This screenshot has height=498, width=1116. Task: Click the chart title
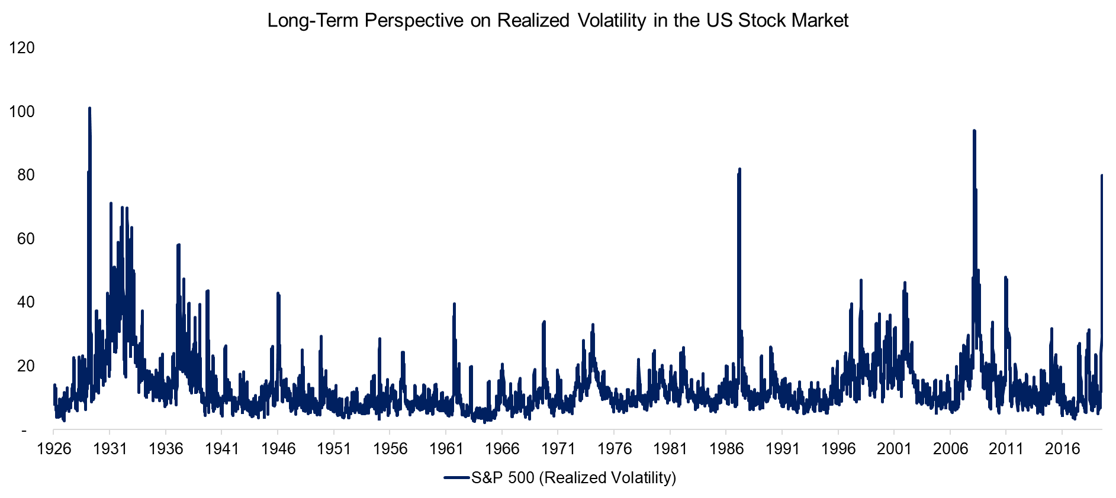[x=558, y=21]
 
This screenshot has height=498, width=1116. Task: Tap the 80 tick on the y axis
[x=26, y=175]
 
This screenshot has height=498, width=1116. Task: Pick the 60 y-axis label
[x=26, y=239]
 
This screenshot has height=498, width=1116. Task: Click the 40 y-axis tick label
[x=26, y=302]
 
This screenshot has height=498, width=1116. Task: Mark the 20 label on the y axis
[x=26, y=366]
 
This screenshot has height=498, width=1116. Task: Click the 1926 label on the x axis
[x=54, y=449]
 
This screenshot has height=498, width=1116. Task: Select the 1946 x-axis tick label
[x=278, y=449]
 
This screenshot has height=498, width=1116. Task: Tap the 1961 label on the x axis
[x=446, y=449]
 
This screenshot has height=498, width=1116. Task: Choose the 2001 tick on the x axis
[x=895, y=449]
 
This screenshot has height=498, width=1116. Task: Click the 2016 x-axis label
[x=1063, y=449]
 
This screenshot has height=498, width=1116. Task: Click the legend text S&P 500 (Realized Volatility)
[x=574, y=478]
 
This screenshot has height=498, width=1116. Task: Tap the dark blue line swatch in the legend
[x=457, y=477]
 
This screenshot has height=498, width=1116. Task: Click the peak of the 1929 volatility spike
[x=89, y=108]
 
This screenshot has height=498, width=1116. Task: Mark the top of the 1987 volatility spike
[x=739, y=169]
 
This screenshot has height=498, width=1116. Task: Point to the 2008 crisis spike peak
[x=974, y=131]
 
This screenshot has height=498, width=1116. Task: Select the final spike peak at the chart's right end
[x=1102, y=176]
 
